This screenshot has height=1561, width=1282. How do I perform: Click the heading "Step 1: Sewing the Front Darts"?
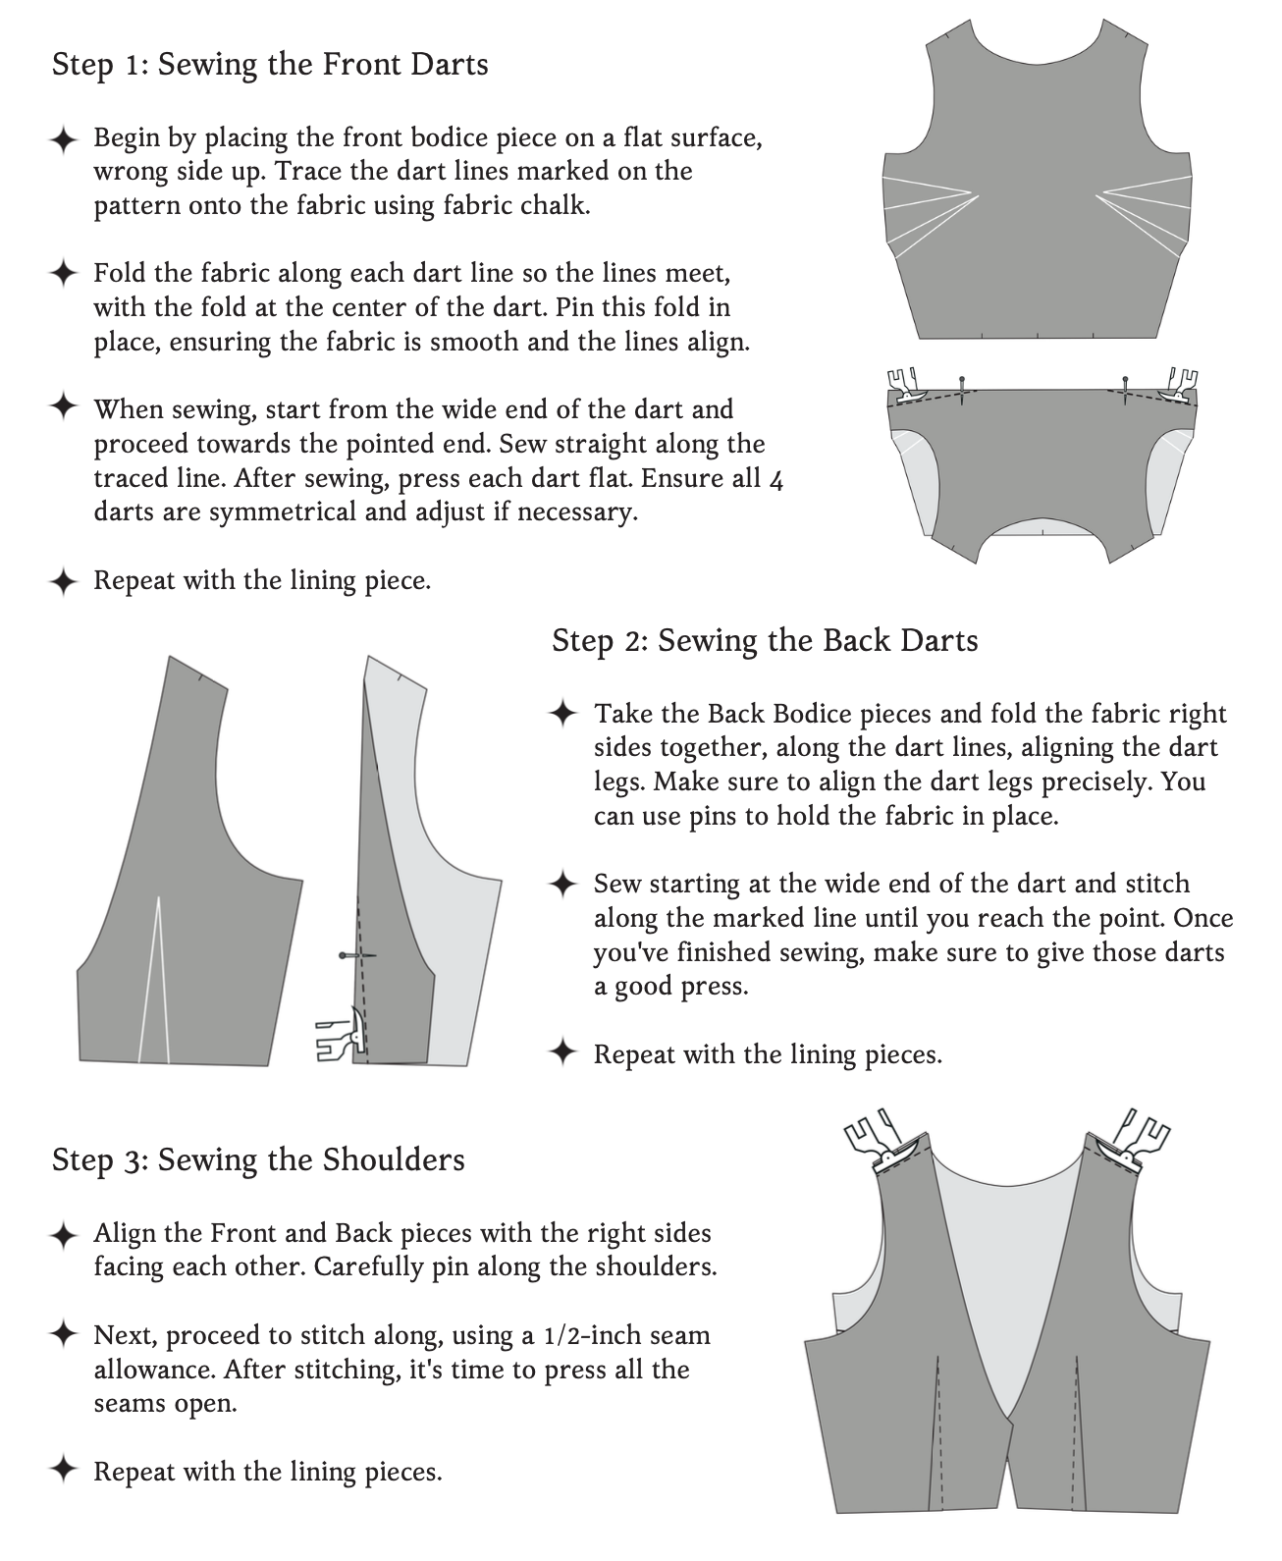click(270, 65)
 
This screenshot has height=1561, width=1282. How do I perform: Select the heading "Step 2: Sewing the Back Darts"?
click(765, 641)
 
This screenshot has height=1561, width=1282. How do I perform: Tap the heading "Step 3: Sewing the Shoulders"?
click(258, 1159)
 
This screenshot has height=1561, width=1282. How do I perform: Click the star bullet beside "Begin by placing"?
click(64, 139)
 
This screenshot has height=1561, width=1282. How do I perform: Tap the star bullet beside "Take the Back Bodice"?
click(563, 714)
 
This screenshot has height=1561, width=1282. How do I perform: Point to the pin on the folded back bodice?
click(357, 955)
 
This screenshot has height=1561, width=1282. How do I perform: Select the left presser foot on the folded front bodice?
click(907, 386)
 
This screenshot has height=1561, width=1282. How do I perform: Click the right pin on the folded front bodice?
click(1125, 390)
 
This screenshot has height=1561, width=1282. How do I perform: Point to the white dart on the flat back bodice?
click(155, 980)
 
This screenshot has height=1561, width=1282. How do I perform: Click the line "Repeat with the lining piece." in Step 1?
click(262, 580)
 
